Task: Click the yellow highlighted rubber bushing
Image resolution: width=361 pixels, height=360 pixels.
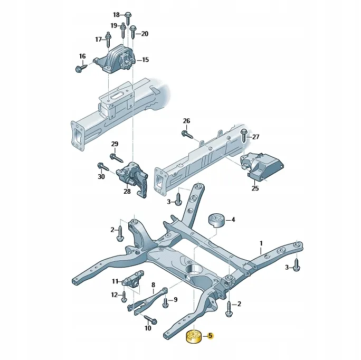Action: (x=194, y=337)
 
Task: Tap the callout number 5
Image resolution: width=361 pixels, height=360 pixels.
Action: (x=210, y=336)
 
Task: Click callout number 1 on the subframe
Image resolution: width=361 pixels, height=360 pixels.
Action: (x=261, y=244)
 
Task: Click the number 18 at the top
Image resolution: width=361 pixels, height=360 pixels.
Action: (x=116, y=14)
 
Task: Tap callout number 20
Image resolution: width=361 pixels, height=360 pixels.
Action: (x=145, y=34)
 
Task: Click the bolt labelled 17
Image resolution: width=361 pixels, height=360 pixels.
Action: (x=108, y=40)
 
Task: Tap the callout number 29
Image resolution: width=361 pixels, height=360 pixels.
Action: (x=115, y=144)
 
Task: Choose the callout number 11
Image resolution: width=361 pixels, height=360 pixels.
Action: (x=115, y=281)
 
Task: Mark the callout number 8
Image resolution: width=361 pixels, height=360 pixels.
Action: (x=153, y=285)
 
